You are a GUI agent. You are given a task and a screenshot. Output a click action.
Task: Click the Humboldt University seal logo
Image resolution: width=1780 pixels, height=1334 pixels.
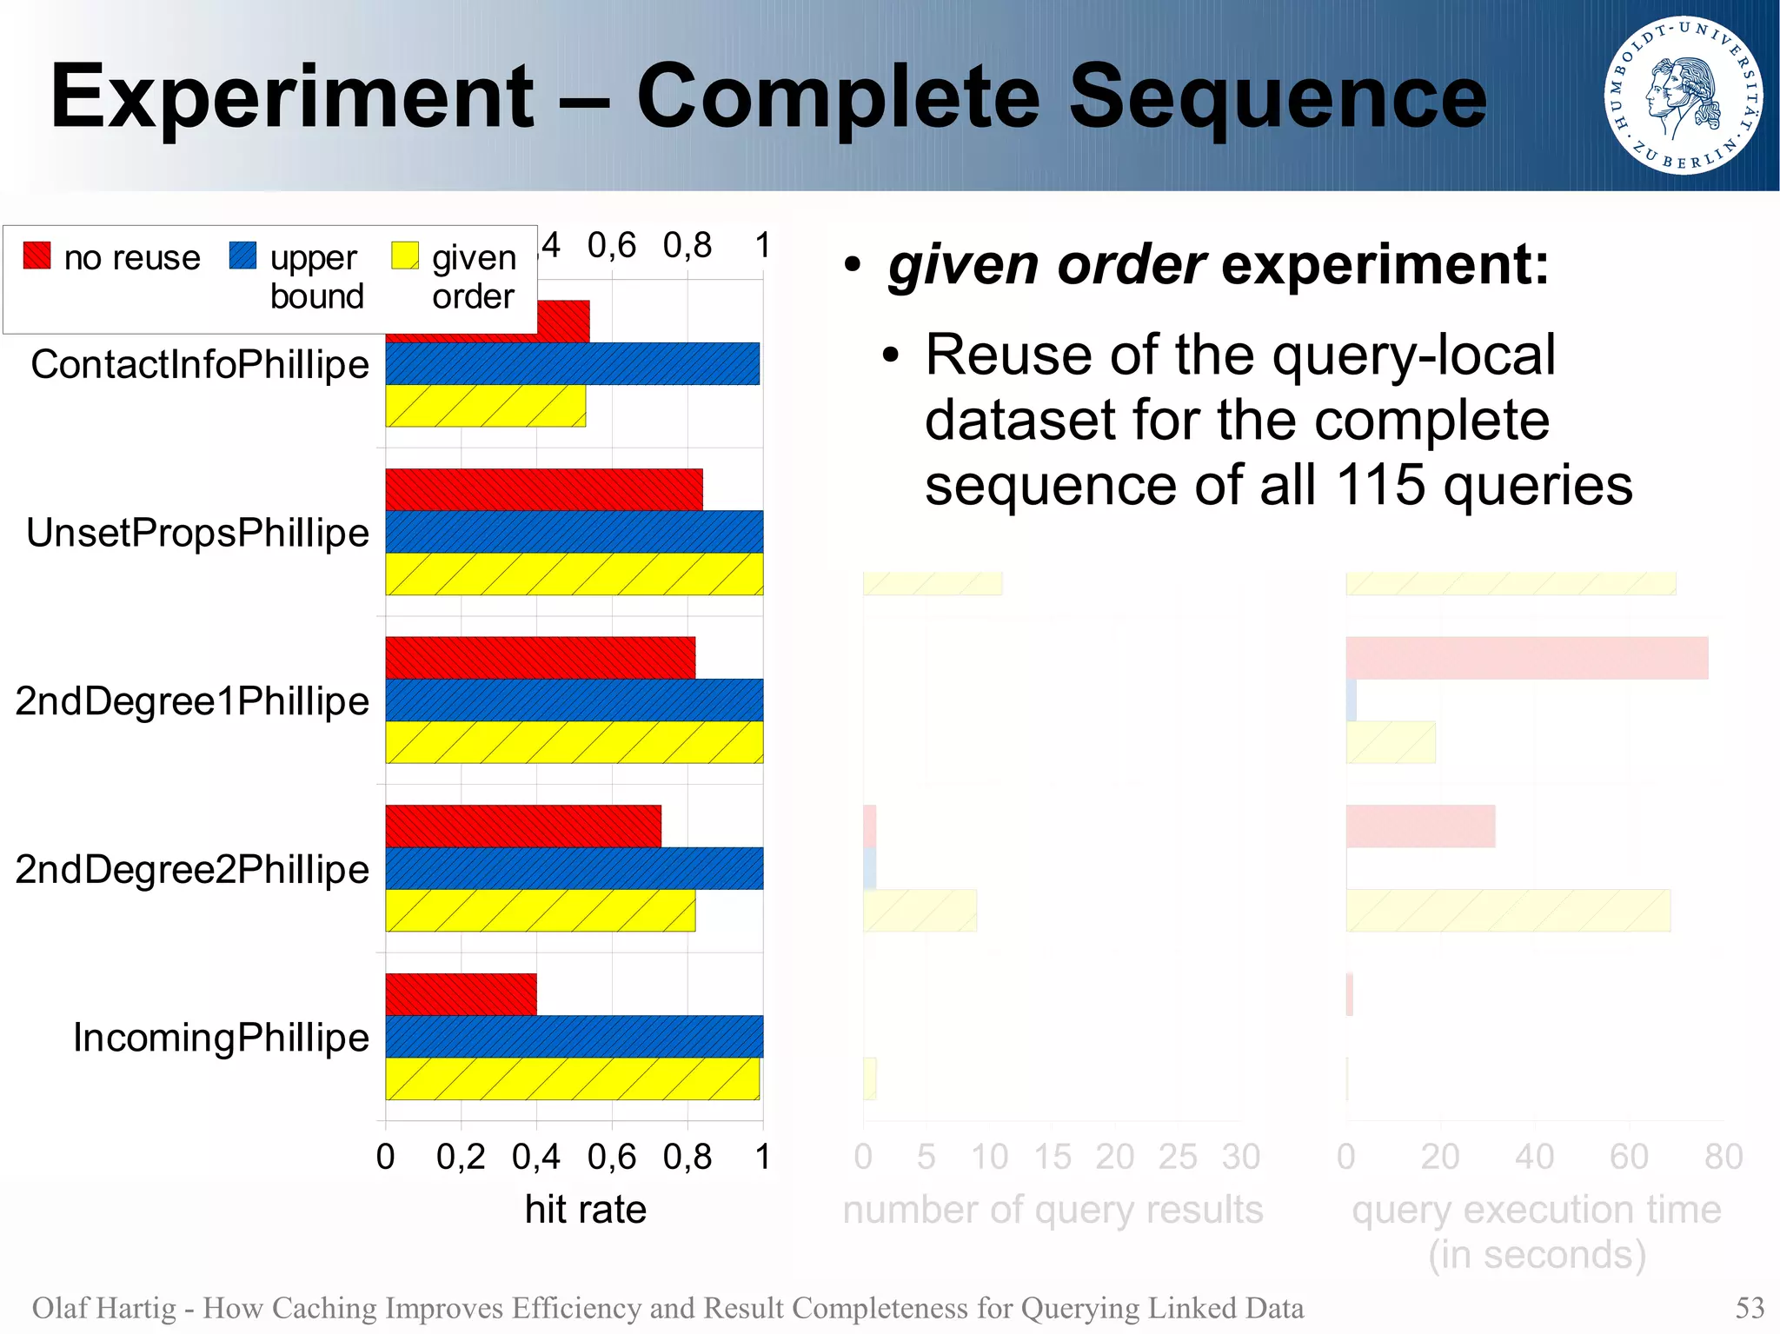pyautogui.click(x=1683, y=95)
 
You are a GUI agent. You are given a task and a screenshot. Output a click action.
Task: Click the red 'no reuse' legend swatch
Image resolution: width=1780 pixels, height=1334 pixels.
pyautogui.click(x=37, y=255)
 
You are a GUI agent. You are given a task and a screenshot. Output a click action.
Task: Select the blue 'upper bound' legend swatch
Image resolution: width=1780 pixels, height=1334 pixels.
pyautogui.click(x=242, y=255)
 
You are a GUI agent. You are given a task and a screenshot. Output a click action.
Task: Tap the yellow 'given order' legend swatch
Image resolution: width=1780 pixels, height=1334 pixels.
pyautogui.click(x=405, y=255)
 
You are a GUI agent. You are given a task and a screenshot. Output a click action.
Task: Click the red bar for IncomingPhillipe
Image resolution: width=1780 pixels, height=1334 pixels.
pyautogui.click(x=461, y=994)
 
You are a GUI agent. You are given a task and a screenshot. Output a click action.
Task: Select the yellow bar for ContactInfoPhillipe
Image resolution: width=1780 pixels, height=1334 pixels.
pyautogui.click(x=485, y=406)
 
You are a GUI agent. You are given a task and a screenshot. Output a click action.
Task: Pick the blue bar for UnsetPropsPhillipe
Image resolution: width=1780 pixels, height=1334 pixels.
pyautogui.click(x=574, y=532)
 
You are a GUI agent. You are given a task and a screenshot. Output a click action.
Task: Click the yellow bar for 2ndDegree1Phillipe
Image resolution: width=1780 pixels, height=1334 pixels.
pyautogui.click(x=574, y=742)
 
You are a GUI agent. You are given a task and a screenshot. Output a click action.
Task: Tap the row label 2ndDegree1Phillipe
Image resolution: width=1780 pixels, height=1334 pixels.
pyautogui.click(x=192, y=700)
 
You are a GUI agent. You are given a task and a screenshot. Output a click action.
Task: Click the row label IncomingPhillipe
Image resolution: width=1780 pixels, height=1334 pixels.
pyautogui.click(x=221, y=1037)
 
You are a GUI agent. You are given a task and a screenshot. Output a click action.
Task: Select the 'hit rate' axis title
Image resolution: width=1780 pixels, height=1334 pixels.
pyautogui.click(x=585, y=1209)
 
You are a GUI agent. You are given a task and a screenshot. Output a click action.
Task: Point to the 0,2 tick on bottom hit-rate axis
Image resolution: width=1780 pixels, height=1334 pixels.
pyautogui.click(x=461, y=1157)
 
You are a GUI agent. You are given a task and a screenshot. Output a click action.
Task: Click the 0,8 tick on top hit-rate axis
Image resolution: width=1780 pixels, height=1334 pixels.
pyautogui.click(x=687, y=245)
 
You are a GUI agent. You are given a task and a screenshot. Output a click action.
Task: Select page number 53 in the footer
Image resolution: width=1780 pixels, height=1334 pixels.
pyautogui.click(x=1750, y=1307)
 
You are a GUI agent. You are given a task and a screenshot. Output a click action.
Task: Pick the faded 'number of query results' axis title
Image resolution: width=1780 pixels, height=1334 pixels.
pyautogui.click(x=1053, y=1209)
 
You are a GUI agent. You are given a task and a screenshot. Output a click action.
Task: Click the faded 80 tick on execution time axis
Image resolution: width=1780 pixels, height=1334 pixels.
pyautogui.click(x=1723, y=1157)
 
